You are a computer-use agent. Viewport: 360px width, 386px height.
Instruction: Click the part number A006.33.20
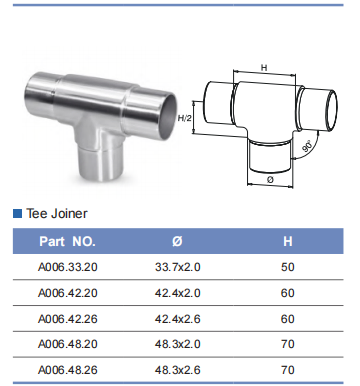click(x=68, y=267)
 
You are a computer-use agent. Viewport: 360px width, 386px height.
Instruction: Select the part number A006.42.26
click(x=68, y=319)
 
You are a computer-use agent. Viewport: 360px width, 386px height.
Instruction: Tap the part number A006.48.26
click(x=68, y=370)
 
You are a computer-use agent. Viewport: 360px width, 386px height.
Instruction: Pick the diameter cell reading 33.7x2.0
click(x=178, y=267)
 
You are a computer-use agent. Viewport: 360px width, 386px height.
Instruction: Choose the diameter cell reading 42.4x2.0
click(x=178, y=293)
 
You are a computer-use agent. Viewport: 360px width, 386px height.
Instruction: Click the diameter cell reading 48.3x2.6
click(x=178, y=370)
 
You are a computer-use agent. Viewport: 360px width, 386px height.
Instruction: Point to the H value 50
click(x=288, y=267)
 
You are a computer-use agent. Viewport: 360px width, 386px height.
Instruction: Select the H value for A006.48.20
click(x=288, y=344)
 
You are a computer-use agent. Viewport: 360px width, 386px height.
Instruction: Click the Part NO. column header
click(x=68, y=241)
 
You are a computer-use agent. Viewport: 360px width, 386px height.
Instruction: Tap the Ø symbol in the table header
click(x=177, y=241)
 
